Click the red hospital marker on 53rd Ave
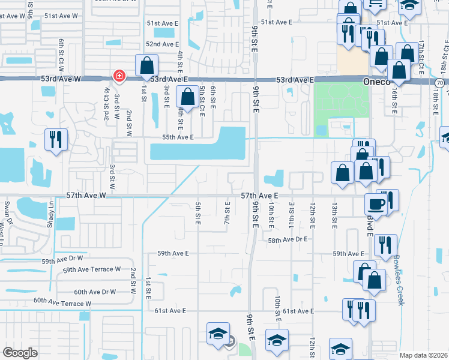coord(119,76)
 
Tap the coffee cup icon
coord(376,203)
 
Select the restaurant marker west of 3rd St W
coord(55,140)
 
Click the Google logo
coord(20,353)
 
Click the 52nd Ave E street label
coord(162,44)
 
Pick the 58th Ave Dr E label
coord(288,239)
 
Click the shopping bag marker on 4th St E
coord(188,97)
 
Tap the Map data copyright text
coord(423,355)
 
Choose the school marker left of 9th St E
coord(217,334)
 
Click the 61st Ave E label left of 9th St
coord(170,311)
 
